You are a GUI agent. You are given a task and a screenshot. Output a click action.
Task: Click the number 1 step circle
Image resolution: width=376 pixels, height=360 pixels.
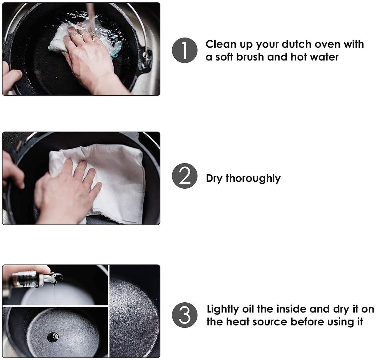[185, 50]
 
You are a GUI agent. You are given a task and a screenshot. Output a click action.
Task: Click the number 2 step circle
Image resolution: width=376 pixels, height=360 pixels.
[185, 176]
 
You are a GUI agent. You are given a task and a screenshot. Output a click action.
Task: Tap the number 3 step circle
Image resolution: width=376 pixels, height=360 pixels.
[185, 315]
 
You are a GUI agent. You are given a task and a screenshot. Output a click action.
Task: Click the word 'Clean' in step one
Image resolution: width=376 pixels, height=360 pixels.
[221, 44]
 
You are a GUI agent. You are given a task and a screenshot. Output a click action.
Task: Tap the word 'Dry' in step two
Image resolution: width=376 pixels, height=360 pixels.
[214, 178]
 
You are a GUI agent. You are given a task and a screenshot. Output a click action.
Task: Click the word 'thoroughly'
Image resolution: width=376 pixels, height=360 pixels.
[253, 178]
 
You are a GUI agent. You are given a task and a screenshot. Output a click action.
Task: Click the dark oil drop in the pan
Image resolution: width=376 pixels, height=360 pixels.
[53, 337]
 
